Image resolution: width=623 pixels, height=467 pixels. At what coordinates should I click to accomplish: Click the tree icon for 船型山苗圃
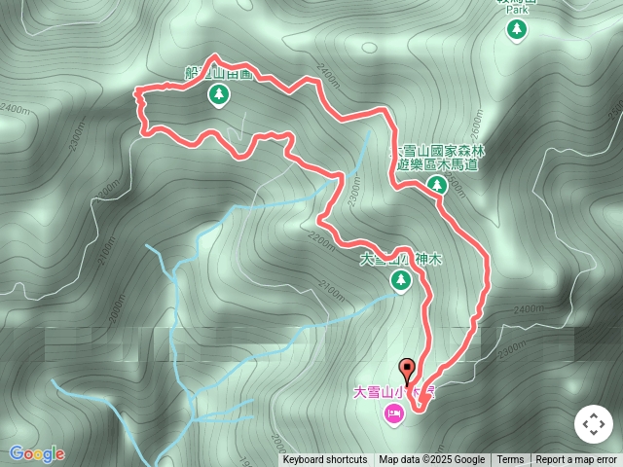(x=218, y=94)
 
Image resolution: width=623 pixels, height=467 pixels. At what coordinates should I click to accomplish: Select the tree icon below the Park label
(x=516, y=30)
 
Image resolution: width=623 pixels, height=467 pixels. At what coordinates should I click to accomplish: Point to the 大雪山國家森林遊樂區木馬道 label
(x=438, y=158)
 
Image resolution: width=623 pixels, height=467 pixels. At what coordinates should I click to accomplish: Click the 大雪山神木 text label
(x=401, y=260)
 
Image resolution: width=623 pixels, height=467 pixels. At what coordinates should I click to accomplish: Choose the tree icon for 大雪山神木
(x=400, y=281)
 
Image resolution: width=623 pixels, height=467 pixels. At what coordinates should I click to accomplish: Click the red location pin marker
(x=408, y=370)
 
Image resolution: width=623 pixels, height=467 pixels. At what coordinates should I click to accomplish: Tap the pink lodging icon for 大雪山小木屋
(x=393, y=415)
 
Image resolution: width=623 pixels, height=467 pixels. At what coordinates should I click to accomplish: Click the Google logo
(x=36, y=453)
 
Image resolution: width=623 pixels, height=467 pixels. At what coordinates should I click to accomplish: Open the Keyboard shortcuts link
(x=325, y=460)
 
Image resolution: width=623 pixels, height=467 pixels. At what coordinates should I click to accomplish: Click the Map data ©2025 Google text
(x=431, y=460)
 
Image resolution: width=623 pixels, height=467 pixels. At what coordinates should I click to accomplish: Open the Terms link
(x=510, y=460)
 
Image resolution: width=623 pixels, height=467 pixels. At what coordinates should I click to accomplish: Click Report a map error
(x=576, y=460)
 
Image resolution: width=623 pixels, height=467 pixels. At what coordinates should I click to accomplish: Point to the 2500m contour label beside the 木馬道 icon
(x=458, y=190)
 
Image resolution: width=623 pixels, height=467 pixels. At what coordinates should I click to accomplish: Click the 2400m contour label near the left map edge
(x=14, y=109)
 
